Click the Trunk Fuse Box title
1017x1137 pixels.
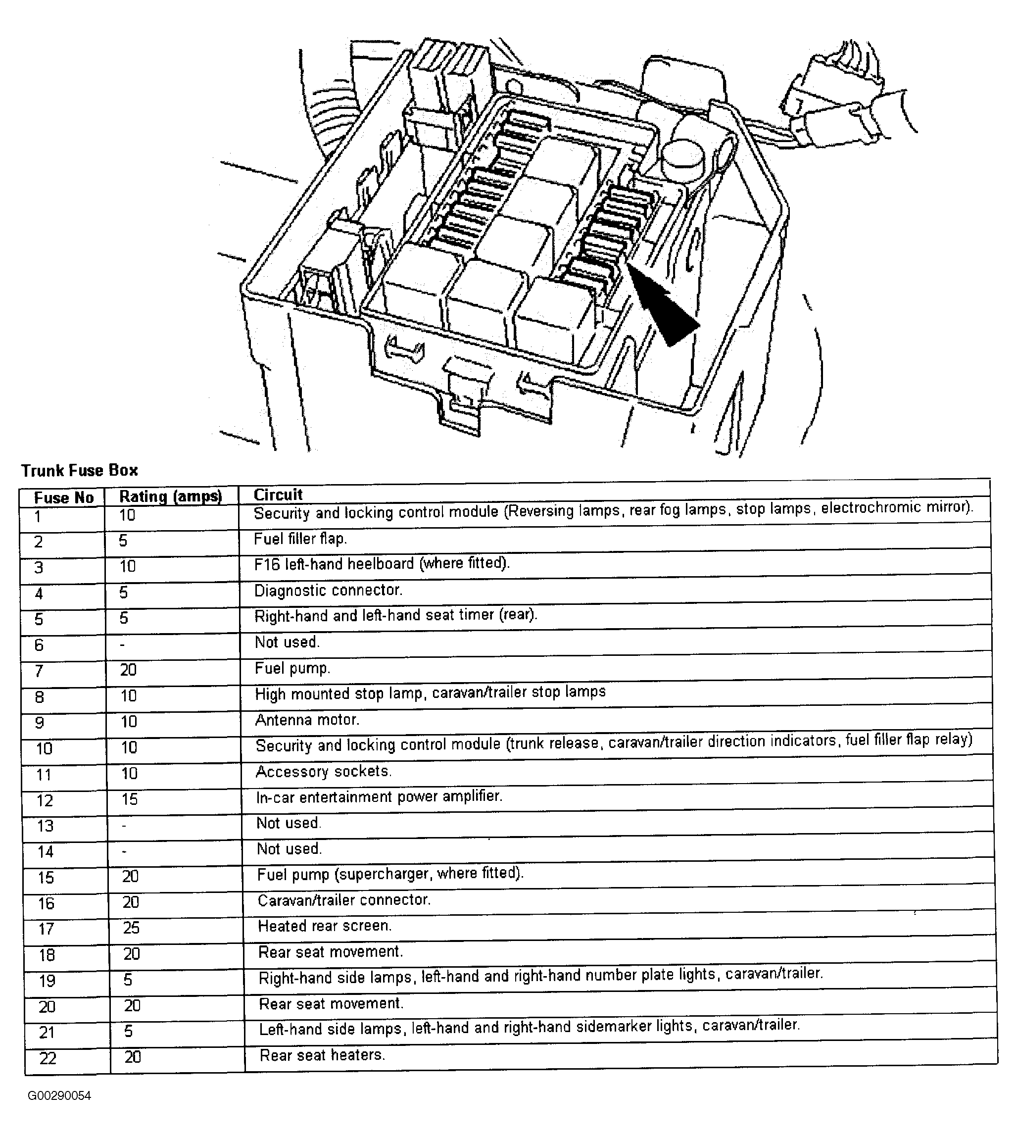[79, 471]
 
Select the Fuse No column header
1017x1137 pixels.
[64, 497]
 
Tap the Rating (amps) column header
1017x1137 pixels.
[170, 496]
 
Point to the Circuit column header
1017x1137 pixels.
[278, 494]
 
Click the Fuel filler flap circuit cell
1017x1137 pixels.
[300, 539]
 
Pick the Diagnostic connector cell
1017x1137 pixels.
[328, 591]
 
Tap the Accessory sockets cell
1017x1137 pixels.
[324, 771]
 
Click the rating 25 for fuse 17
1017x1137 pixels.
[131, 928]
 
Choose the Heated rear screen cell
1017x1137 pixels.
[325, 926]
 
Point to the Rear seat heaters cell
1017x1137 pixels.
[323, 1055]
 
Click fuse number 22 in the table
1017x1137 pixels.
[48, 1058]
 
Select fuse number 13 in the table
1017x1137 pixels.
[45, 826]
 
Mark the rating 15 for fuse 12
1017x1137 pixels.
[130, 799]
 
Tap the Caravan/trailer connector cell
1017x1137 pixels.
[343, 900]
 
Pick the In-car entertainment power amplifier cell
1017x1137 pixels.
[379, 796]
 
